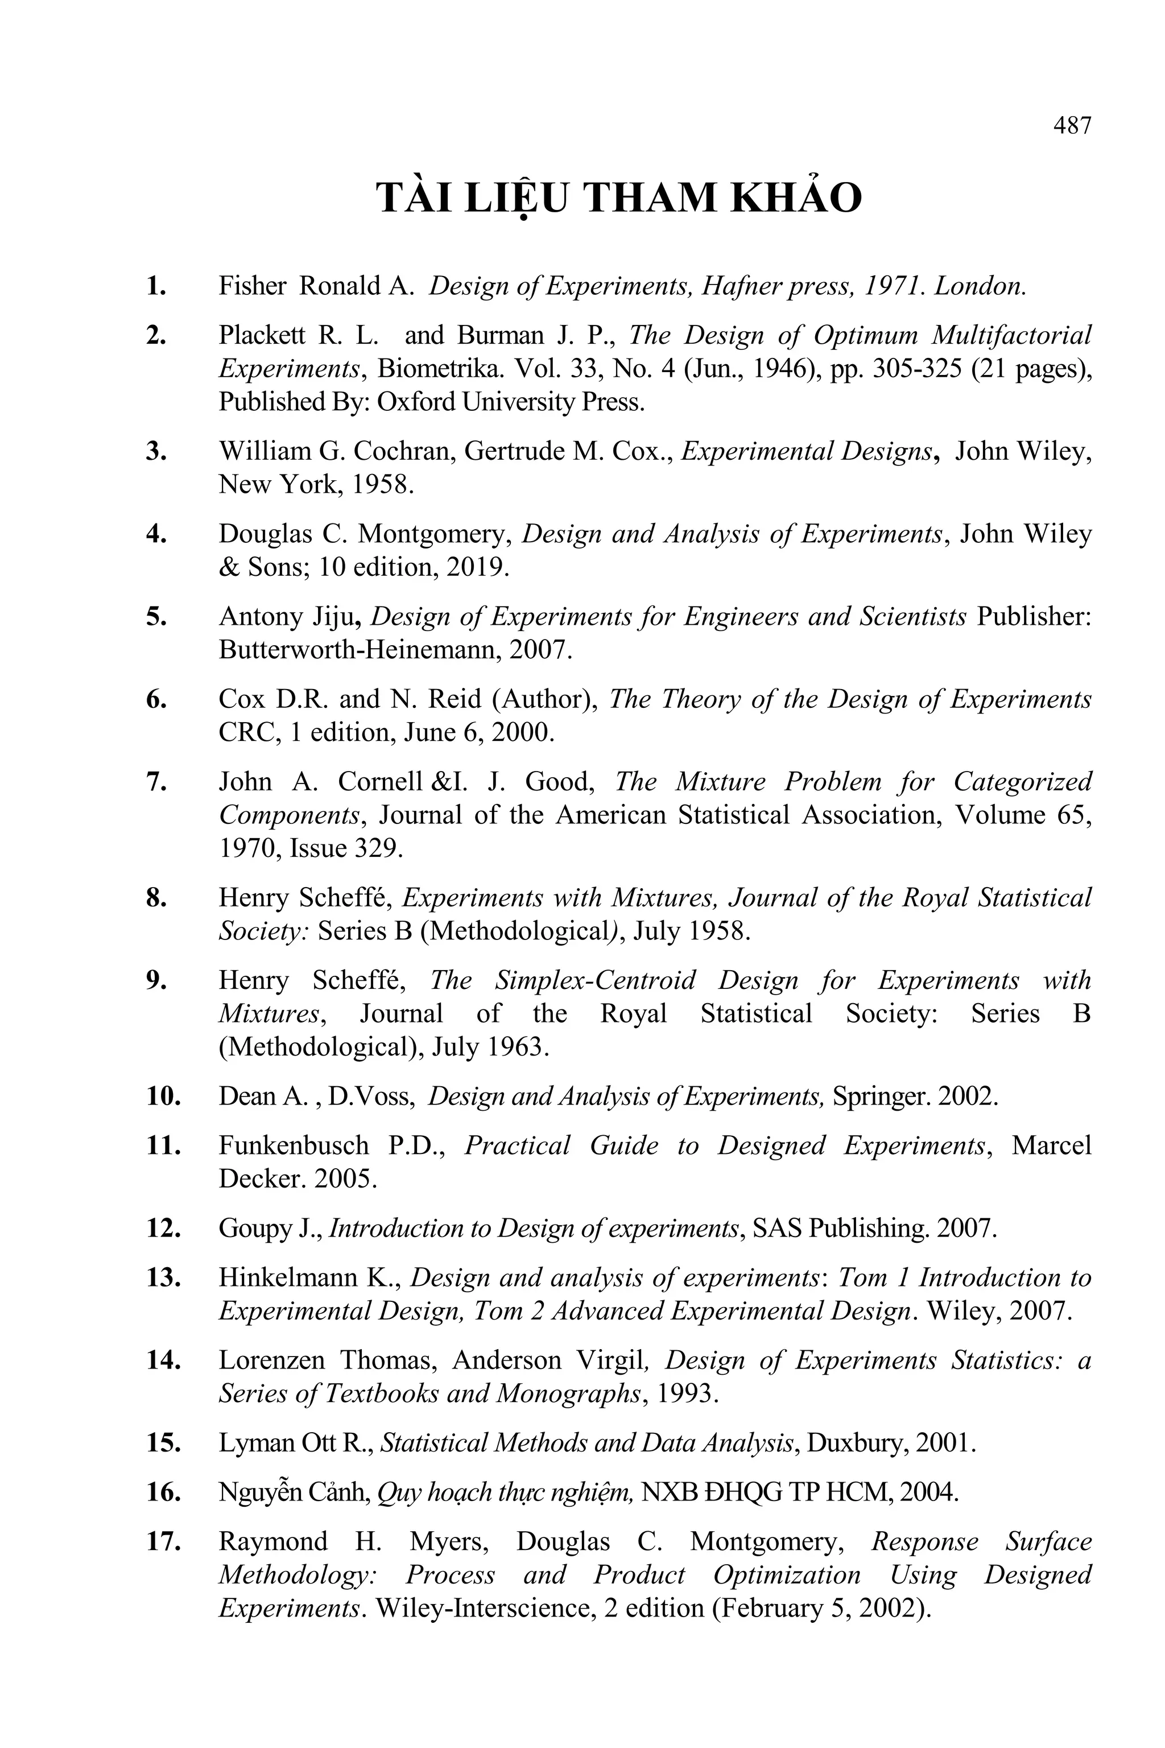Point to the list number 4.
[x=156, y=534]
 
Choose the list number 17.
[x=163, y=1541]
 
